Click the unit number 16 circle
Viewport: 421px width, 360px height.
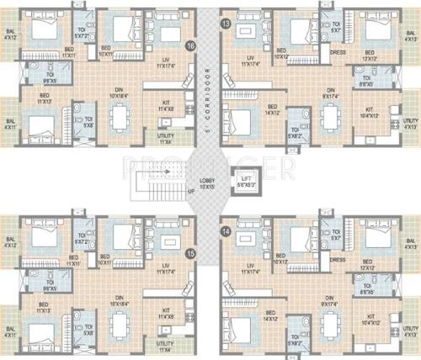(x=190, y=45)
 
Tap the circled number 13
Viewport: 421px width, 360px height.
(x=225, y=24)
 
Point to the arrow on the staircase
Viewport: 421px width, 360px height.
(x=167, y=171)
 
